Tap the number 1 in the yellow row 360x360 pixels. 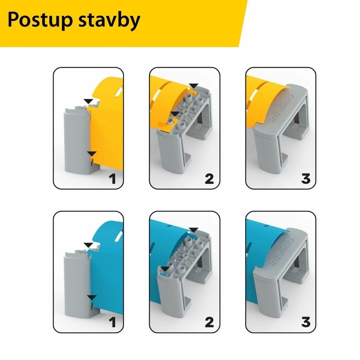[112, 178]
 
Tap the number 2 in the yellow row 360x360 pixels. [209, 178]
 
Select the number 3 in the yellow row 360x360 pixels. [306, 178]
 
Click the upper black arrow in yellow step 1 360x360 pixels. [88, 101]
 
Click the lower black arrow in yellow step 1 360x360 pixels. [92, 154]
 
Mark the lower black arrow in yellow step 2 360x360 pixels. [175, 114]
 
